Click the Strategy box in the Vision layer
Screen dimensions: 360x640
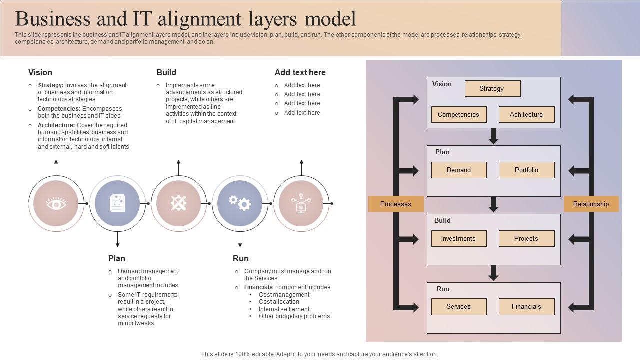492,89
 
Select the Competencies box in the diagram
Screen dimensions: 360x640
458,114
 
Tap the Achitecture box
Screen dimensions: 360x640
526,114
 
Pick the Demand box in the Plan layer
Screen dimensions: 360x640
458,170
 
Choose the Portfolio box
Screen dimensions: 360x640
526,170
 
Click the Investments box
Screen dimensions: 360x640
458,238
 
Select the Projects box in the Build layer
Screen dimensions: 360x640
526,238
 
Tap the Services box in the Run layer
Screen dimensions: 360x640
458,307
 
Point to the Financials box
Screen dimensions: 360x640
526,307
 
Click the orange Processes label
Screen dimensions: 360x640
396,204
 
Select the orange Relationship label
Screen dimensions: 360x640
591,204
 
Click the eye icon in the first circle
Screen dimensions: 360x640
56,204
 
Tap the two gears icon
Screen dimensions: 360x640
240,203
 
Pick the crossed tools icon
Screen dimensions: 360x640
178,203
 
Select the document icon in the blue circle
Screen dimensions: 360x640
117,203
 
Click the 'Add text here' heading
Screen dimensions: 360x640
300,72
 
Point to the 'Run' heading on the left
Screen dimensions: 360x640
240,258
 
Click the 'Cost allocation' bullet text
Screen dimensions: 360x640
279,302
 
